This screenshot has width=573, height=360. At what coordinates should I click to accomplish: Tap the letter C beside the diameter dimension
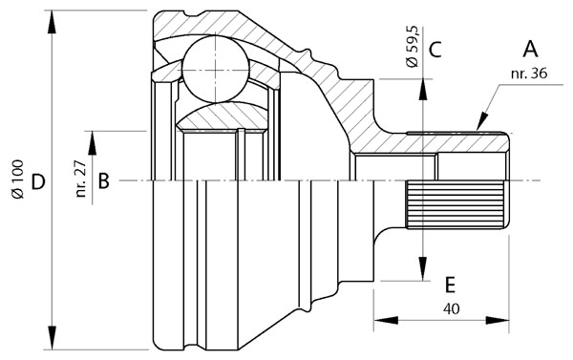(x=434, y=50)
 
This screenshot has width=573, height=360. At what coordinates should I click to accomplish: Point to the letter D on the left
(x=37, y=180)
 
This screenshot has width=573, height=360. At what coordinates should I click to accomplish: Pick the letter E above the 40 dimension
(x=449, y=284)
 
